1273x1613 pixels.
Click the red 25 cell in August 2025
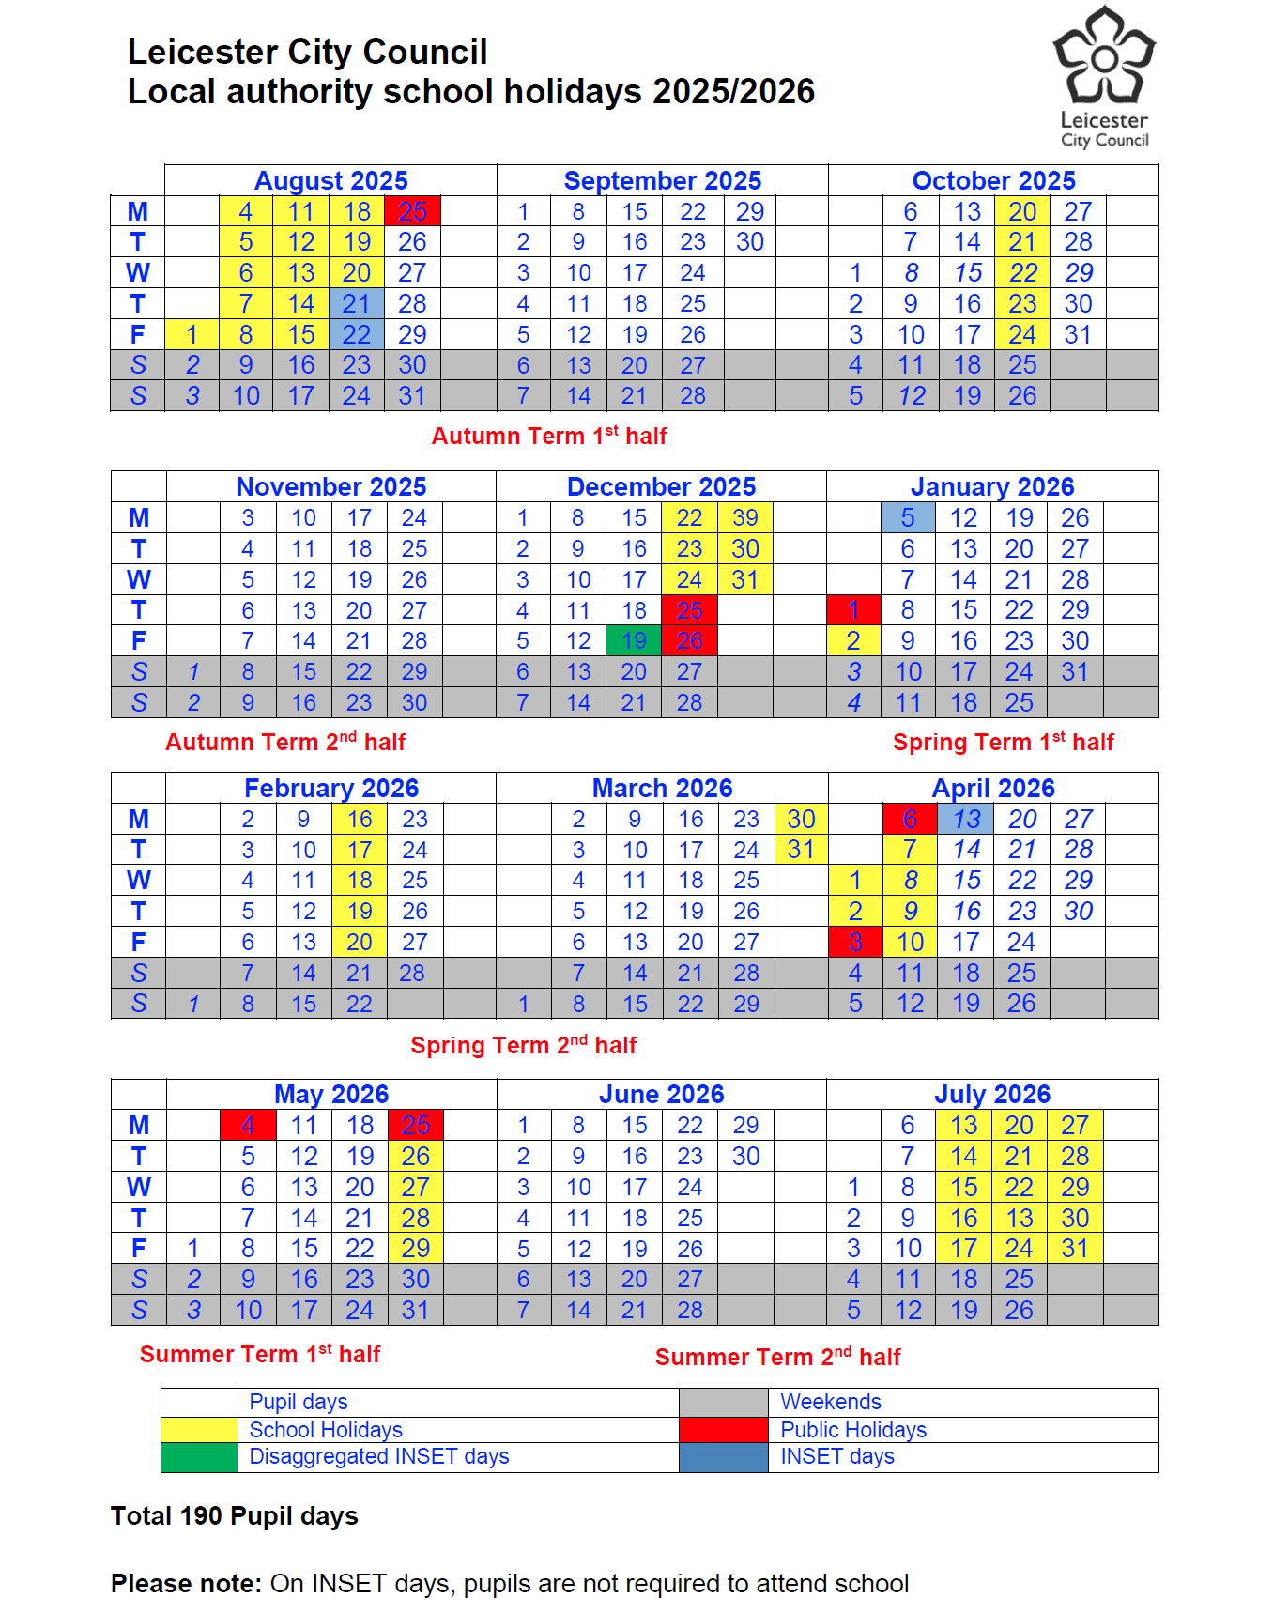(x=412, y=211)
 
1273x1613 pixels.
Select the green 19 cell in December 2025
(x=634, y=640)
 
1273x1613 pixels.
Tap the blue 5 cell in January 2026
(x=908, y=517)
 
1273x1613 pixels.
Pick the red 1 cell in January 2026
(x=853, y=609)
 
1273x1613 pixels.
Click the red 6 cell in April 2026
(x=910, y=819)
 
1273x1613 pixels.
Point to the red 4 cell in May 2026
(x=248, y=1125)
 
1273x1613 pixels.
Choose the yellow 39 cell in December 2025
(x=745, y=517)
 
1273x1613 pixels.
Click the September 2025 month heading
(x=662, y=180)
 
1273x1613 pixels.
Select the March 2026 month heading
(x=662, y=788)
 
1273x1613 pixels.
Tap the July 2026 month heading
(x=992, y=1094)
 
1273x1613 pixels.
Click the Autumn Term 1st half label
(x=549, y=436)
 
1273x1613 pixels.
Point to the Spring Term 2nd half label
(x=524, y=1045)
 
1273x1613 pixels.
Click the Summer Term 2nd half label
(x=777, y=1357)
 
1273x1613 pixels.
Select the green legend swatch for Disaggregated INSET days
(x=199, y=1457)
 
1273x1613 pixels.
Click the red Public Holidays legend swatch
(x=723, y=1430)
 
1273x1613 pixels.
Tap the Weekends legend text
(x=831, y=1402)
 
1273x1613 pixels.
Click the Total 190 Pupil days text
(x=235, y=1516)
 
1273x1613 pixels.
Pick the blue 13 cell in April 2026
(x=966, y=819)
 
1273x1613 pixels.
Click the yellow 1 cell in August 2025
(x=192, y=334)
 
